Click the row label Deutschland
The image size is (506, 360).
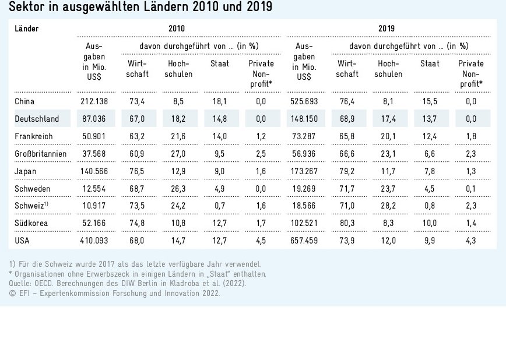pyautogui.click(x=37, y=119)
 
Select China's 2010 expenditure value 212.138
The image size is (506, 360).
pyautogui.click(x=96, y=101)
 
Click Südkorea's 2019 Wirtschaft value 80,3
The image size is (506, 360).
pyautogui.click(x=347, y=223)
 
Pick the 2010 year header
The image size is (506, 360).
pyautogui.click(x=177, y=28)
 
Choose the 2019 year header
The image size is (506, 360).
pyautogui.click(x=386, y=28)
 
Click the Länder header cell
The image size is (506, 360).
pyautogui.click(x=26, y=28)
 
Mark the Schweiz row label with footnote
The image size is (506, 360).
pyautogui.click(x=31, y=206)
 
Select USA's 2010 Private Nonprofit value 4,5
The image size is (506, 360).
pyautogui.click(x=261, y=240)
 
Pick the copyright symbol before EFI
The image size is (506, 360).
pyautogui.click(x=12, y=293)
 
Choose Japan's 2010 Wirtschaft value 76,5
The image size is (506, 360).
pyautogui.click(x=136, y=171)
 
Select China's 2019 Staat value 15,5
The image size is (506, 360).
pyautogui.click(x=430, y=101)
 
